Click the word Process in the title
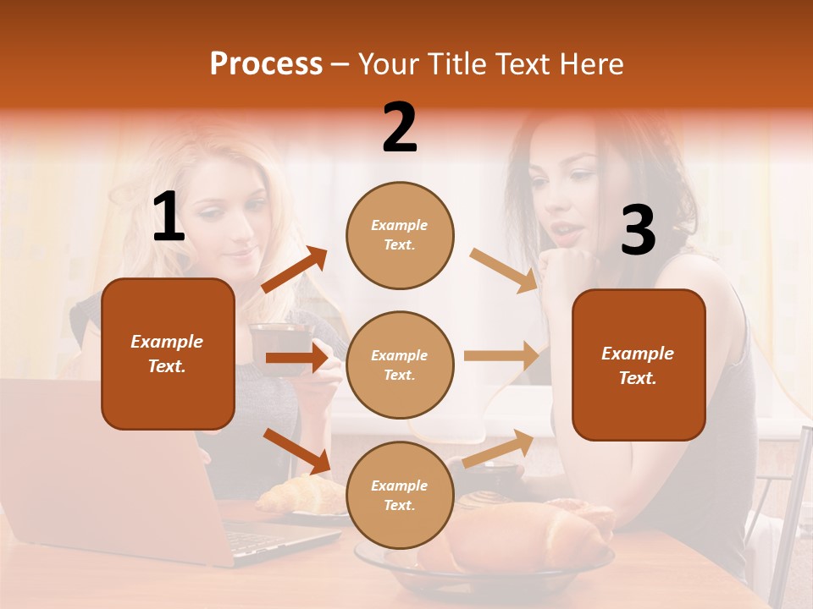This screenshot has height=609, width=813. [266, 63]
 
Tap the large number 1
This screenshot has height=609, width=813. [169, 217]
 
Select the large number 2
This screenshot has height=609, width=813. [400, 128]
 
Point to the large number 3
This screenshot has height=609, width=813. [638, 231]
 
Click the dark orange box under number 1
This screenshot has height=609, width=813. [168, 354]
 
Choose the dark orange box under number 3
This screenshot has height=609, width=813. [639, 365]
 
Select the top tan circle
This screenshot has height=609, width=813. [400, 235]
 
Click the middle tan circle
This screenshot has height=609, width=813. [400, 365]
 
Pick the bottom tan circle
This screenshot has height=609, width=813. [400, 495]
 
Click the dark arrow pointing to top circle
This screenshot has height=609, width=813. [295, 270]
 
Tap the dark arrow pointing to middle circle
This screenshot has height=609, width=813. [296, 358]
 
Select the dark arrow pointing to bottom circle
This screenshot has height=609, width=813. [297, 450]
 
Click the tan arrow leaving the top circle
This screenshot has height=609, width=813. [503, 271]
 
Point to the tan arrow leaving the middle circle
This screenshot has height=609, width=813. [501, 356]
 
